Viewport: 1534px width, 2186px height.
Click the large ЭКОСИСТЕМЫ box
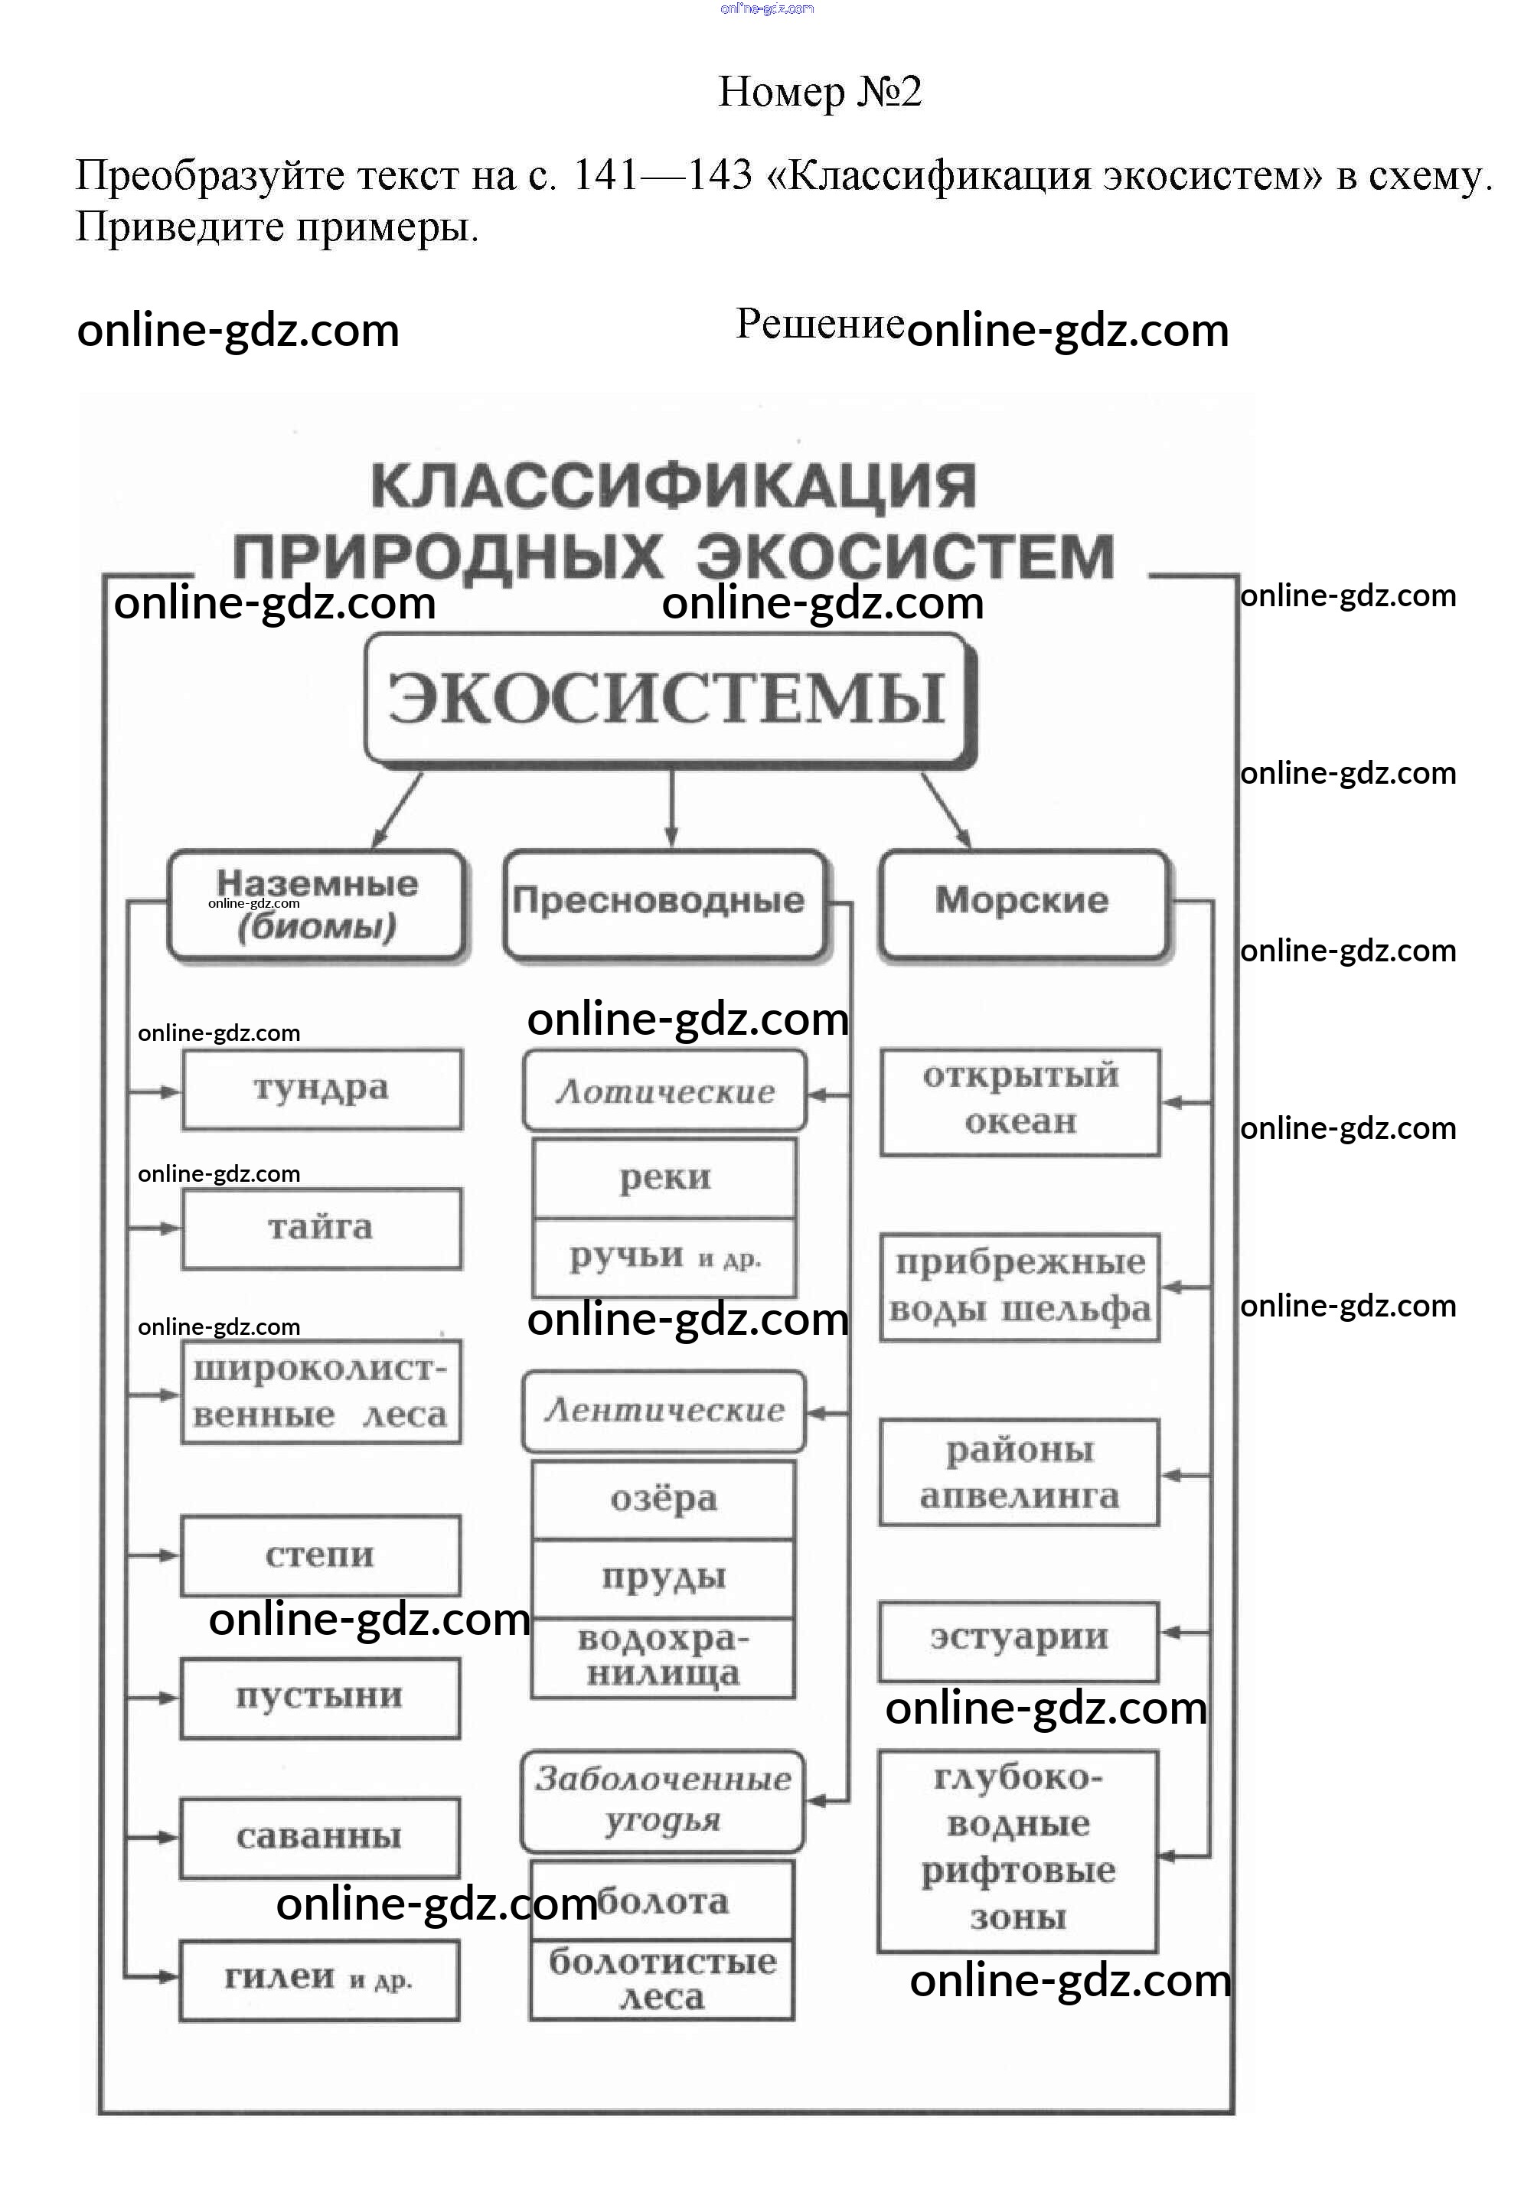coord(668,697)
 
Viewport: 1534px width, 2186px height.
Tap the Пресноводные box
coord(664,902)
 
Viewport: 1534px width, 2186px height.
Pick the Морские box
coord(1022,902)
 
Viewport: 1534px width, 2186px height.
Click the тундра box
coord(321,1088)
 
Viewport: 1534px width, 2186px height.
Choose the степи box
coord(321,1555)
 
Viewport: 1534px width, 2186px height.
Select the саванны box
coord(320,1836)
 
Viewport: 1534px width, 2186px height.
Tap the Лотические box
coord(664,1091)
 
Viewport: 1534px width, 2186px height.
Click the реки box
coord(664,1179)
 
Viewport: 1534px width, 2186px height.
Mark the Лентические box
coord(664,1410)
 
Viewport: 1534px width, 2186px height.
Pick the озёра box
coord(664,1499)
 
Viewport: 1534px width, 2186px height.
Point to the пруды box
coord(664,1578)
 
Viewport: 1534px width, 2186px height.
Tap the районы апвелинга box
coord(1019,1472)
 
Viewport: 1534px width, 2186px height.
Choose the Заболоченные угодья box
coord(663,1799)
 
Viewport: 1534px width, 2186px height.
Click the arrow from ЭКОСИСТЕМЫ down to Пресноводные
coord(671,807)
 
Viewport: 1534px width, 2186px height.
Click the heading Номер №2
coord(819,93)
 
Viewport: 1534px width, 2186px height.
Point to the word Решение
coord(819,325)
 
